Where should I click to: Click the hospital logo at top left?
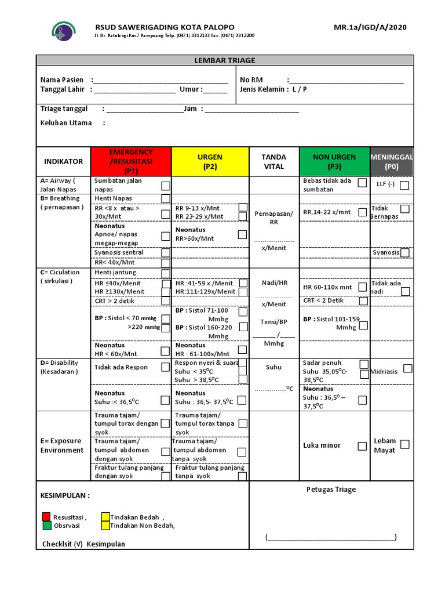click(x=63, y=31)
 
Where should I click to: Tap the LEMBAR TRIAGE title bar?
click(x=225, y=60)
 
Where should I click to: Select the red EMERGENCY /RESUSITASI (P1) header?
click(x=131, y=161)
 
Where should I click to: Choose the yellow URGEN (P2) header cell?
click(x=210, y=161)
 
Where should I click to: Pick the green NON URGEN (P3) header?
click(x=334, y=161)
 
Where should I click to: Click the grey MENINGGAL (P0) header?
click(x=392, y=161)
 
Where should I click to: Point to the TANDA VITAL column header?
click(x=274, y=161)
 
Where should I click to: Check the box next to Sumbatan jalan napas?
click(x=166, y=186)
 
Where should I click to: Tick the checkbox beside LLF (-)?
click(x=404, y=186)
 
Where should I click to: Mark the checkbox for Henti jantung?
click(x=166, y=273)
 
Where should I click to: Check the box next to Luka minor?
click(x=362, y=446)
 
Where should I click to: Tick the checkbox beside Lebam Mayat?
click(x=404, y=444)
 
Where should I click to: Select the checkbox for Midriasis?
click(x=408, y=368)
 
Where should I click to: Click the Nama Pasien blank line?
click(x=160, y=81)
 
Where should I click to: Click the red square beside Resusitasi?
click(x=46, y=517)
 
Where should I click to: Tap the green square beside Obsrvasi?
click(x=46, y=526)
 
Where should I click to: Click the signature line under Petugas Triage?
click(x=331, y=538)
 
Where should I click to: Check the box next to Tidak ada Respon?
click(x=166, y=367)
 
